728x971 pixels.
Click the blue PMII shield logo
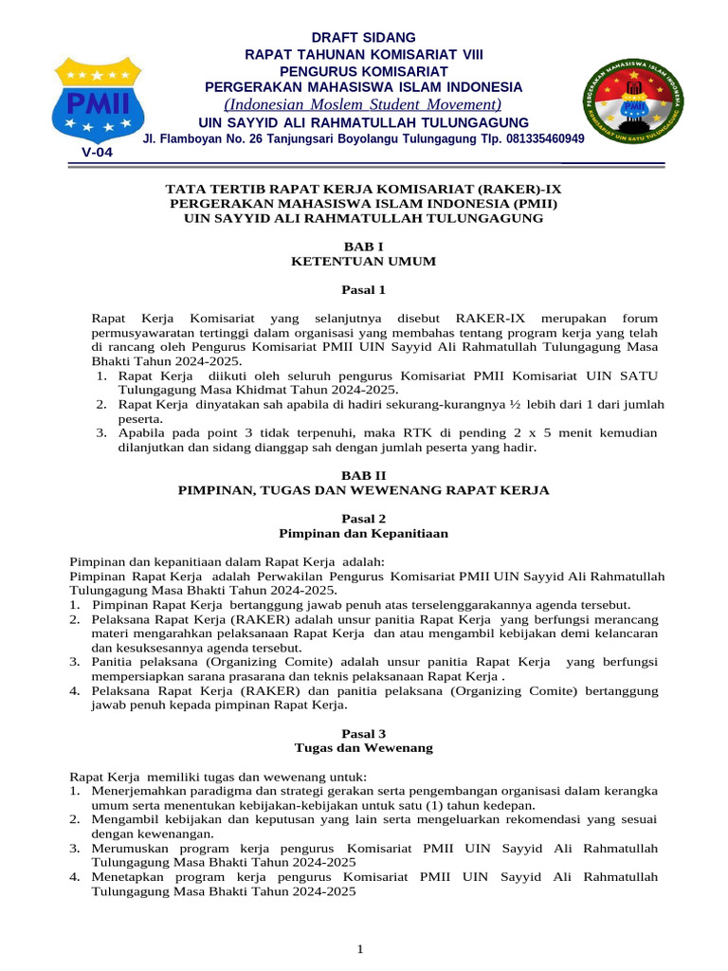coord(97,100)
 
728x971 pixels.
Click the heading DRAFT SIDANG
coord(364,38)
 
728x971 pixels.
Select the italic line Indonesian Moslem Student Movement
coord(363,104)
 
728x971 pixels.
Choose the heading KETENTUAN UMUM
coord(364,262)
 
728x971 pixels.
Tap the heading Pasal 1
coord(364,289)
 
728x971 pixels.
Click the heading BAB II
coord(364,474)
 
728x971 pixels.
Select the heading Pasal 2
coord(364,519)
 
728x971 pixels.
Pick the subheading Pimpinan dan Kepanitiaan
coord(364,534)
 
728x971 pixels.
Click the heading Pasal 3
coord(364,733)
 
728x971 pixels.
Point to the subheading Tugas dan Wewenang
coord(364,748)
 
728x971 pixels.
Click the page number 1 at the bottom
coord(361,949)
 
